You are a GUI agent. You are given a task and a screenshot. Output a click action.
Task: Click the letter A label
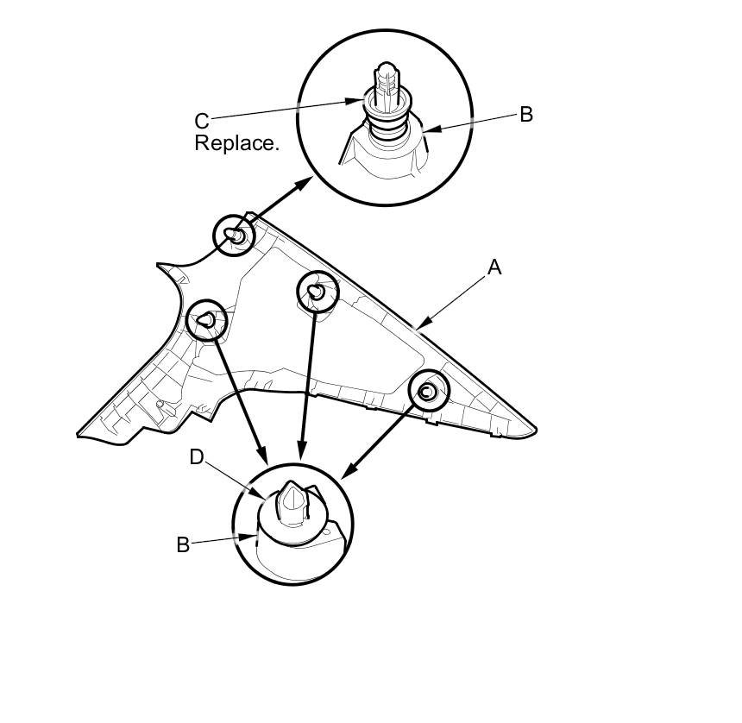[x=494, y=268]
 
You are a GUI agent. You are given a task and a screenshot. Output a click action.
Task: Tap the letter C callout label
[x=201, y=122]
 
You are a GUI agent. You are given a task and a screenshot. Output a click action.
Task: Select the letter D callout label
[x=197, y=457]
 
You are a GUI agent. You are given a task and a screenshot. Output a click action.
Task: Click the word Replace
[x=236, y=143]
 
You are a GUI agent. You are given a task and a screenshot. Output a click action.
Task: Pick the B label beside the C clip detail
[x=525, y=114]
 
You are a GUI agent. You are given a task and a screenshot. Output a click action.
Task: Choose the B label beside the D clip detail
[x=183, y=545]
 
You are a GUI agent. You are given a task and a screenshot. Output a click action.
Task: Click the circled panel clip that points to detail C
[x=235, y=234]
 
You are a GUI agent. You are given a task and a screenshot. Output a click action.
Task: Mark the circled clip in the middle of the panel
[x=318, y=292]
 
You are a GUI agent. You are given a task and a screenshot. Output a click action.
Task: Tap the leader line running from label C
[x=285, y=110]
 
